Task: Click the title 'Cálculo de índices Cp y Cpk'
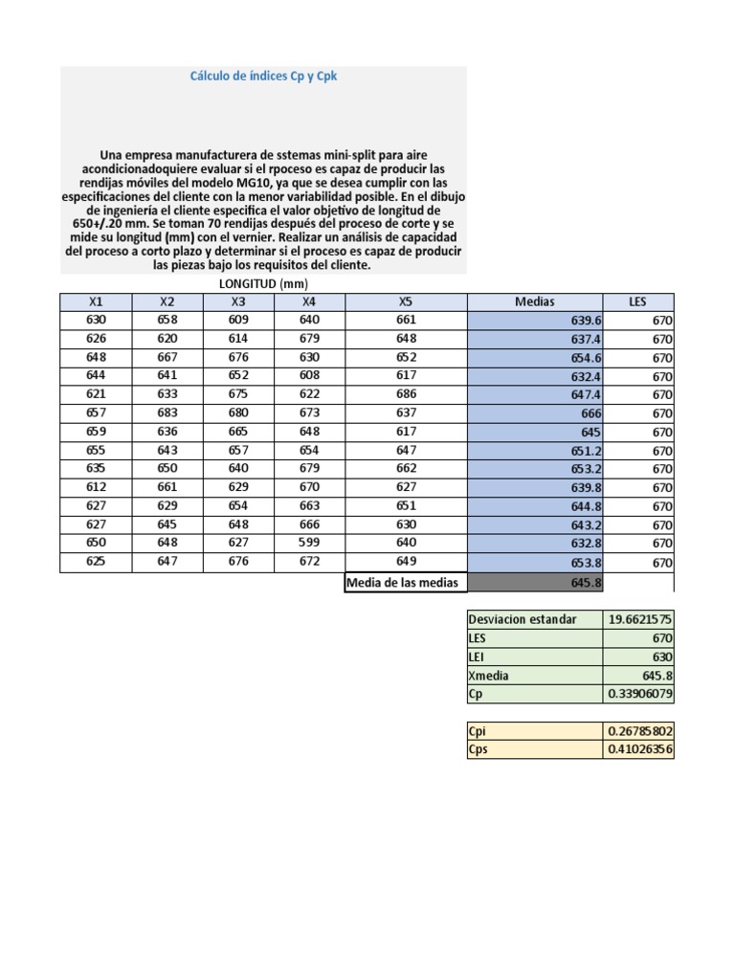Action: [263, 78]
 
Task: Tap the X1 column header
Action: [96, 301]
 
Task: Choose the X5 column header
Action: [406, 301]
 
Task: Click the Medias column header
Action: [534, 301]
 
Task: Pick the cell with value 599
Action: [309, 544]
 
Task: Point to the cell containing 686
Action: [406, 394]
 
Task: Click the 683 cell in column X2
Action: [167, 412]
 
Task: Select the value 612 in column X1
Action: [96, 487]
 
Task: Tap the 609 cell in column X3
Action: [238, 320]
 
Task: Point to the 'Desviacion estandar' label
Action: [523, 619]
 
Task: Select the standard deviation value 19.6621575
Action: [639, 619]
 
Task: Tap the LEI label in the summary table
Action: [478, 657]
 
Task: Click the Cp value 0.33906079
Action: [639, 694]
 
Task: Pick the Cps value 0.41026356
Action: [639, 749]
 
